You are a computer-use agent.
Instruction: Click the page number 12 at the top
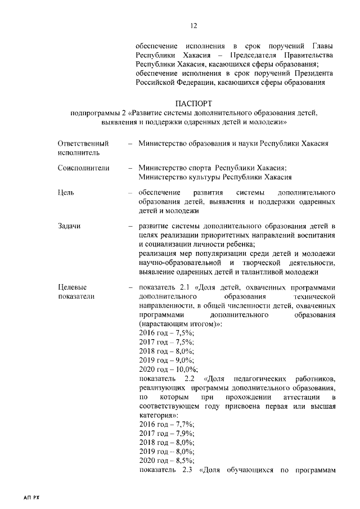(194, 25)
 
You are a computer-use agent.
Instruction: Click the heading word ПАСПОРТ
(194, 104)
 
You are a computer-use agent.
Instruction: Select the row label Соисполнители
(83, 168)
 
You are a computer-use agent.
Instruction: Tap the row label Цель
(66, 192)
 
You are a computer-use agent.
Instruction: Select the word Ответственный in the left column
(83, 143)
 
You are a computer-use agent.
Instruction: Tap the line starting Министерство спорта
(213, 168)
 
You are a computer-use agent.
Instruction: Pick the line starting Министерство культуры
(215, 177)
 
